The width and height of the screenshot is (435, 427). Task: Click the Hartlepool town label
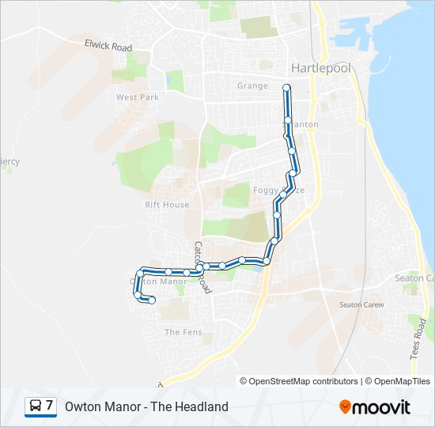coord(322,67)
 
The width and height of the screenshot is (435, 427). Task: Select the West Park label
coord(138,97)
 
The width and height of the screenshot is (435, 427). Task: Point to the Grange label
coord(252,85)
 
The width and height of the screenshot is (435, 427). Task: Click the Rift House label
coord(167,204)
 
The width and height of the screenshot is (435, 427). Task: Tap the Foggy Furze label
coord(278,191)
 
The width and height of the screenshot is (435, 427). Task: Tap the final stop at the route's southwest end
coord(151,300)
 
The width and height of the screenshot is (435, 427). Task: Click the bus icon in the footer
coord(36,406)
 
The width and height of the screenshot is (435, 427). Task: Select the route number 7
coord(50,406)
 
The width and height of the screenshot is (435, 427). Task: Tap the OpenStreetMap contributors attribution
coord(300,381)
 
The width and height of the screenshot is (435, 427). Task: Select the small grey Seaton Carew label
coord(361,304)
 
